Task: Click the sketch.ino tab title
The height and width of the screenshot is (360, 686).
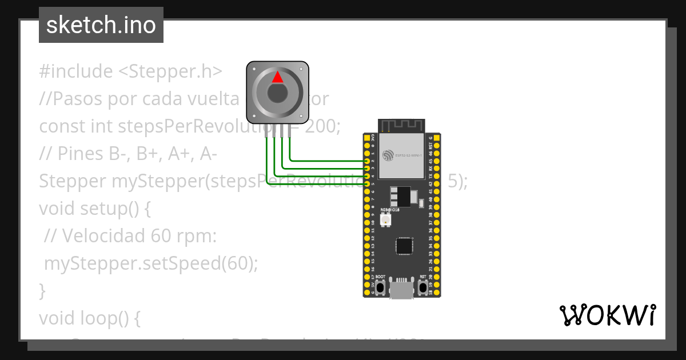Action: tap(101, 25)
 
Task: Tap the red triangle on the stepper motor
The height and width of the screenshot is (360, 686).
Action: tap(277, 77)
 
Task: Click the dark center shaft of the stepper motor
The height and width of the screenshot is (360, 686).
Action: tap(277, 93)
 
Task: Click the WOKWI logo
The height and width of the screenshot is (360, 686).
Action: tap(607, 315)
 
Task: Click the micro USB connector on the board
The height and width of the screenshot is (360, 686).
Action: tap(402, 289)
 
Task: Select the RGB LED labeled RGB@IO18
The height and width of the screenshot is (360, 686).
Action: tap(385, 220)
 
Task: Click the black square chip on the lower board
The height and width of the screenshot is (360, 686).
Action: tap(404, 246)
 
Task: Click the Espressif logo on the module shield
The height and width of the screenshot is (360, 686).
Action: tap(389, 155)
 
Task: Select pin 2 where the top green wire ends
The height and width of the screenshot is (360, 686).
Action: tap(367, 162)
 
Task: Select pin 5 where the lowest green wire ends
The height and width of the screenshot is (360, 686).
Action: tap(367, 183)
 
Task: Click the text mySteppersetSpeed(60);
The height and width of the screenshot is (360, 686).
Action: tap(151, 263)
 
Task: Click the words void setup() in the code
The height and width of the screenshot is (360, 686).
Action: tap(94, 209)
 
